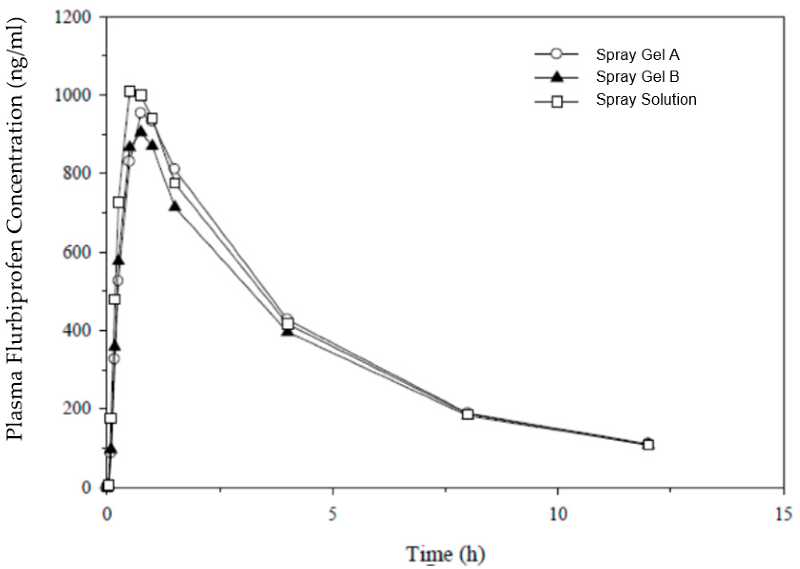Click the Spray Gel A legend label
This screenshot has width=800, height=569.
coord(637,55)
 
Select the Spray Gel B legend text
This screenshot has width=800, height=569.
coord(637,77)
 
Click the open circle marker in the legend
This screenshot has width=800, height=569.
coord(556,54)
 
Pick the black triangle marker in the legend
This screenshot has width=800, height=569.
coord(556,77)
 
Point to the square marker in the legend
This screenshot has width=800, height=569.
coord(556,101)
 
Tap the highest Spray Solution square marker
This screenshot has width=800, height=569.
coord(130,92)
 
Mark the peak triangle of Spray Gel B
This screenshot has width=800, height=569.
coord(141,131)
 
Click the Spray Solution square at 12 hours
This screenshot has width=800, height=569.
coord(648,445)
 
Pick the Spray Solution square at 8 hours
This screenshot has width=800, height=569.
coord(467,414)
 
